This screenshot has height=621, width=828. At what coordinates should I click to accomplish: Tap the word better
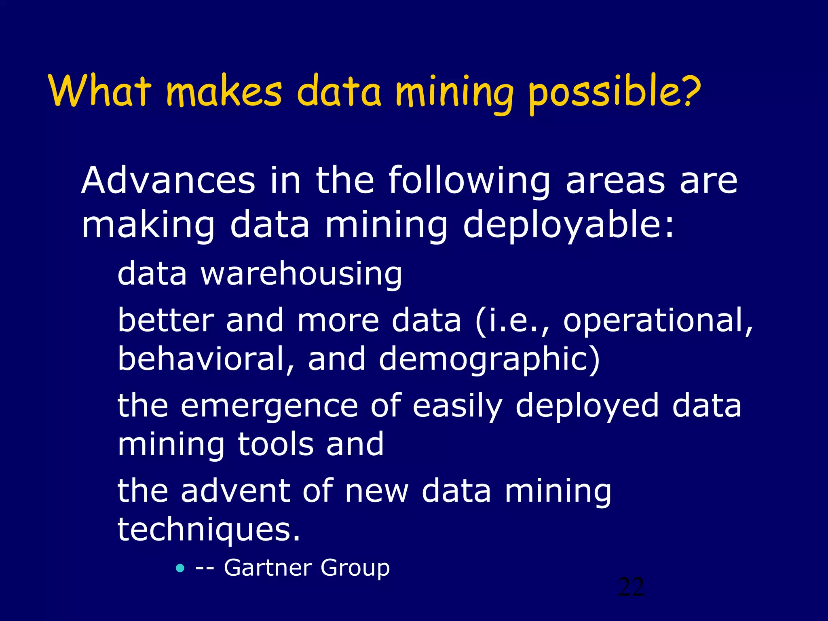166,320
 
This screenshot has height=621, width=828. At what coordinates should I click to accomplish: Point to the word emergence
269,407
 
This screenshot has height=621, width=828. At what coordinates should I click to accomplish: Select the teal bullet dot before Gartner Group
180,568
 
